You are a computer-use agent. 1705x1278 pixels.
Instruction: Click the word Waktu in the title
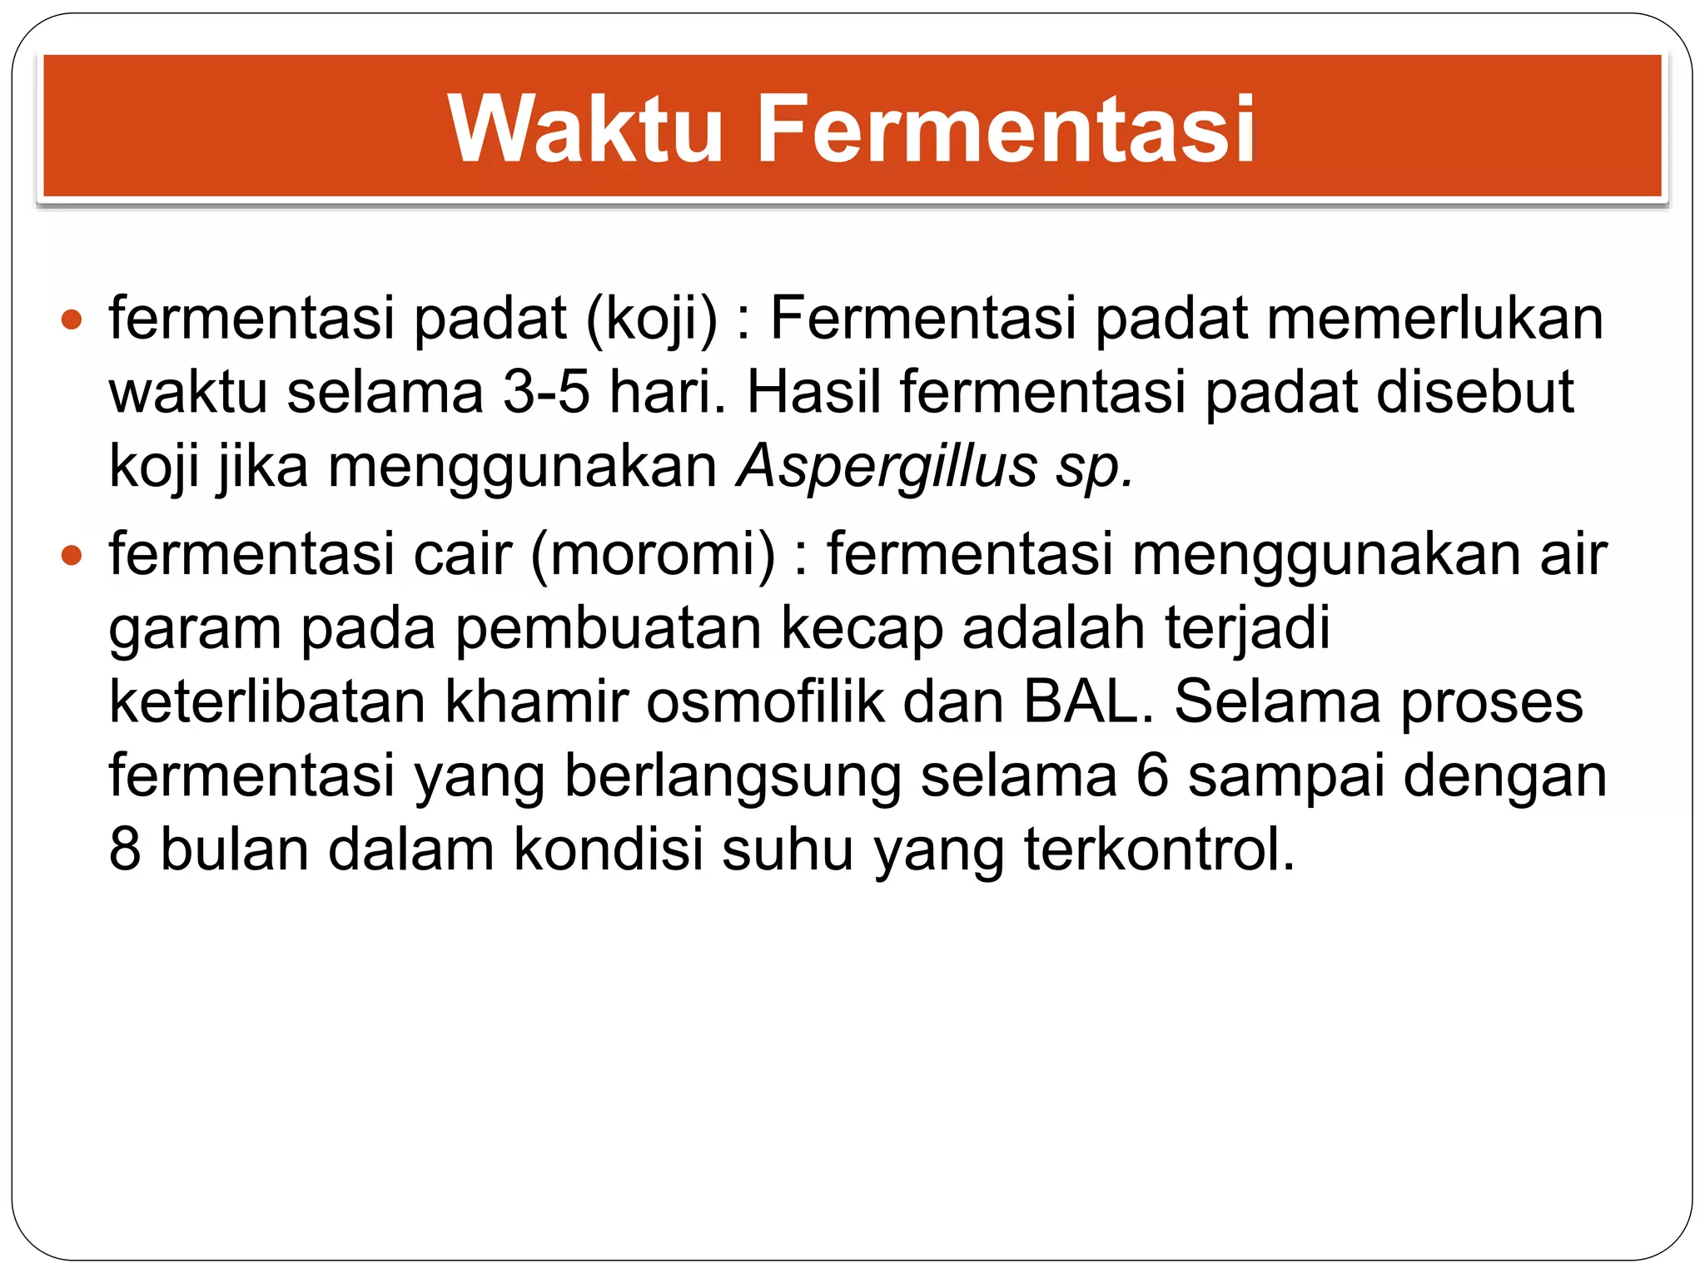584,129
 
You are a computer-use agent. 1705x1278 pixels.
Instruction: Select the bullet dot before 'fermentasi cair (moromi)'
72,554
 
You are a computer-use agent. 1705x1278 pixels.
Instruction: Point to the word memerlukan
1434,319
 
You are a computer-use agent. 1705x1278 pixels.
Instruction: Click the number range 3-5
546,392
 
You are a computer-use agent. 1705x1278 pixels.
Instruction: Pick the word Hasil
813,392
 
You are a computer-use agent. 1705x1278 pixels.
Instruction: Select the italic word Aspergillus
887,467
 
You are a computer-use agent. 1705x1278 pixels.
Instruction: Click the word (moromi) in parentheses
653,554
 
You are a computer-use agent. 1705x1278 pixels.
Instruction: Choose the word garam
195,628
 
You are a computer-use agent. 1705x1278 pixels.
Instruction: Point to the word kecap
862,628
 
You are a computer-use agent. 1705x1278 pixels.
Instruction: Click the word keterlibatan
267,702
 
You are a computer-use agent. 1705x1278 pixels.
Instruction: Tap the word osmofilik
765,702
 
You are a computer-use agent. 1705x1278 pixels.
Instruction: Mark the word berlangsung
733,776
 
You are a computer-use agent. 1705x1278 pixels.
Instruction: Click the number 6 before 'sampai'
1152,776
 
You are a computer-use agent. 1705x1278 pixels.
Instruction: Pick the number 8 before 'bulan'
125,850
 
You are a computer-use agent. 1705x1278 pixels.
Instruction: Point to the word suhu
788,850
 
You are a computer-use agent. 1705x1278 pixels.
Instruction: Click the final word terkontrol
1159,850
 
